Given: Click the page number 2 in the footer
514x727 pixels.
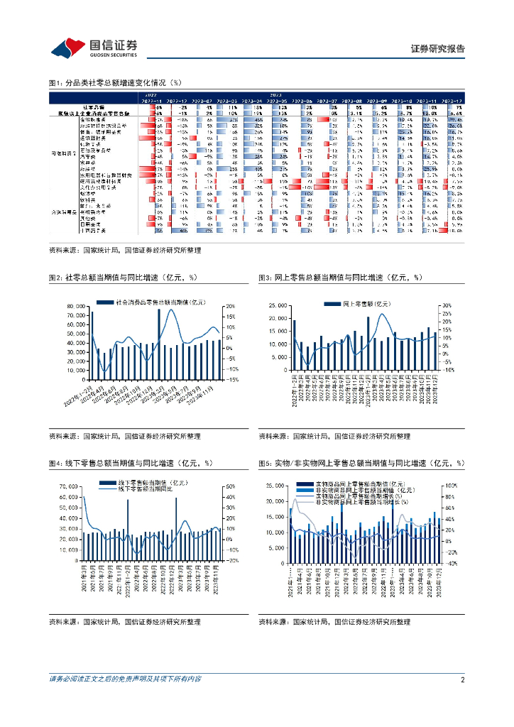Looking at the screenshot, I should [462, 679].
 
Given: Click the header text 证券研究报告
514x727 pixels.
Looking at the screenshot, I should [438, 49].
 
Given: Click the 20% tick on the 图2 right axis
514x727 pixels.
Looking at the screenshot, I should [231, 306].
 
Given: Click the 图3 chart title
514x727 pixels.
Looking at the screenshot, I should [340, 278].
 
